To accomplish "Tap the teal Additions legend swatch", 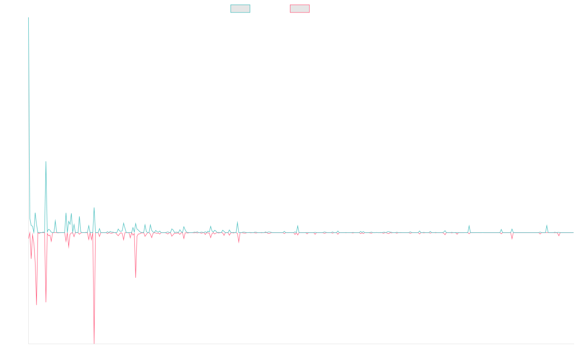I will (240, 9).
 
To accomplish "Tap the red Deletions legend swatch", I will (300, 9).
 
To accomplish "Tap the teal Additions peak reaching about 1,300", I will (46, 162).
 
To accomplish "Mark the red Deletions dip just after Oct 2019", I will (136, 277).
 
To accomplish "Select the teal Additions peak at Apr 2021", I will (238, 221).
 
